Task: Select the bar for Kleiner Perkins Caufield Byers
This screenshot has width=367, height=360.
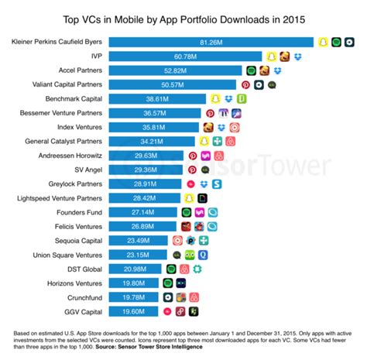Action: click(209, 42)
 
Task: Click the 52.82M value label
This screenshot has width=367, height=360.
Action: click(177, 70)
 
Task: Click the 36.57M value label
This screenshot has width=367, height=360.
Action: click(153, 113)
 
